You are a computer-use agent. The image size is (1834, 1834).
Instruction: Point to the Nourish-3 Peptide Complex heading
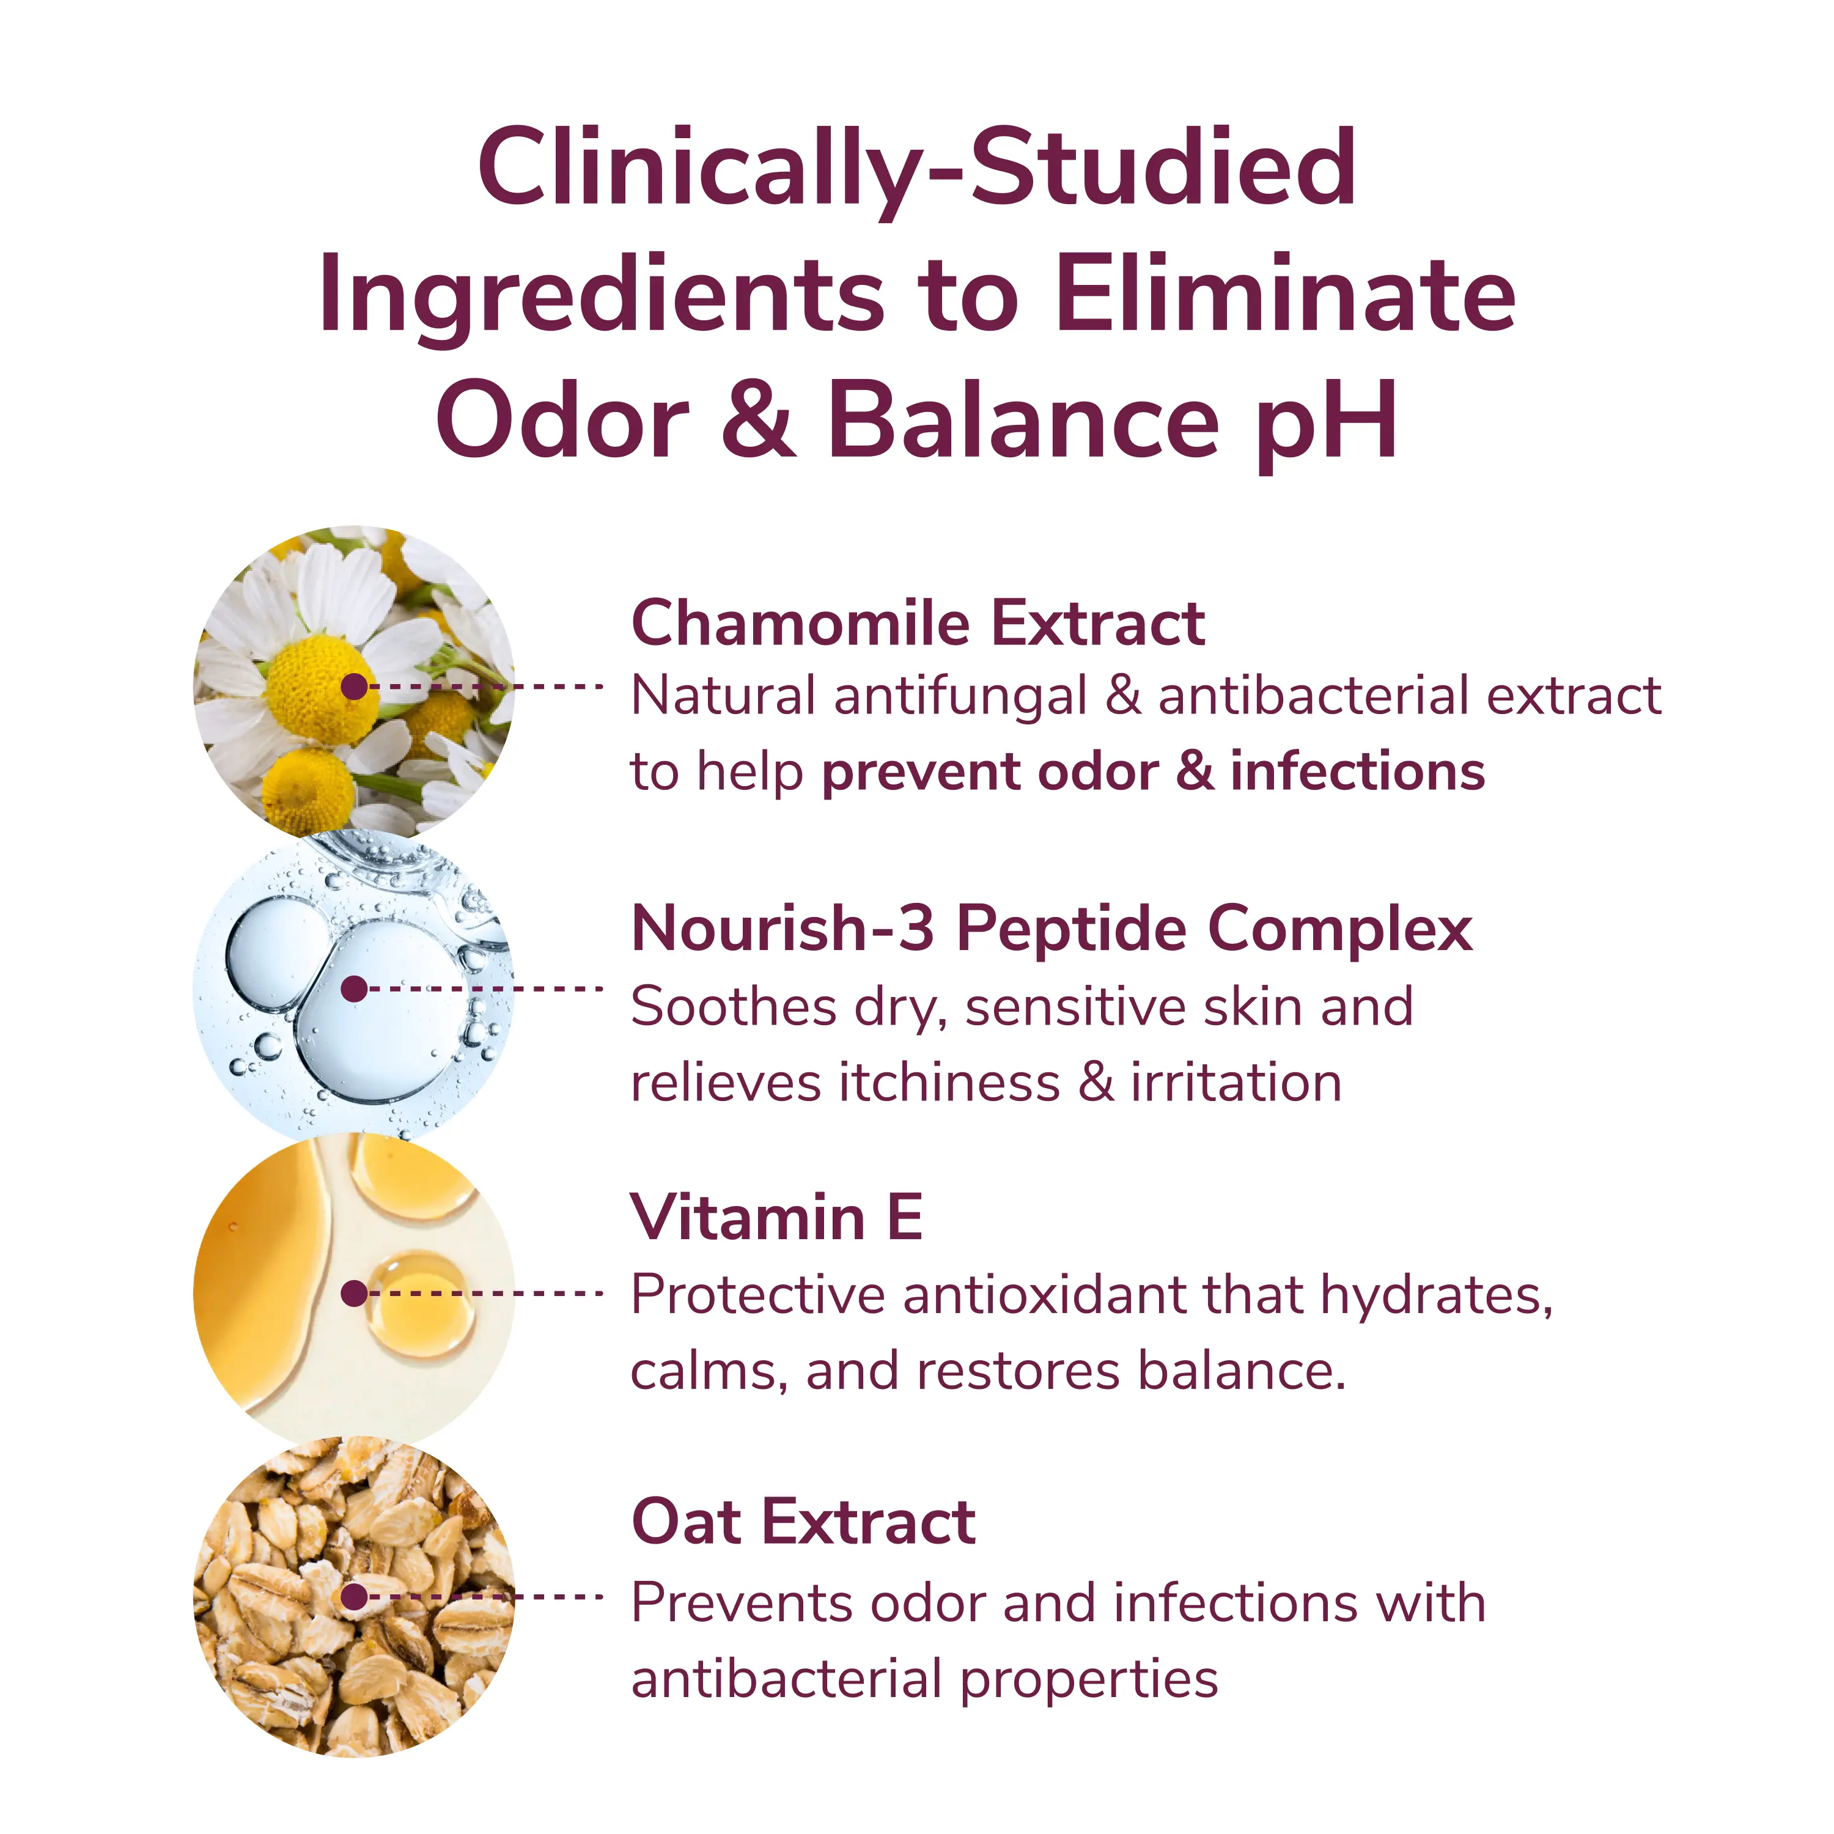pos(1051,929)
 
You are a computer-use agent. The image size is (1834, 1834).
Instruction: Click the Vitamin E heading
pos(776,1217)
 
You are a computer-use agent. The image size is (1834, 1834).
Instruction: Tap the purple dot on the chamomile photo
pos(354,687)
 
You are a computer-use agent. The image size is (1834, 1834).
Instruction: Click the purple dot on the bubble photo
pos(354,989)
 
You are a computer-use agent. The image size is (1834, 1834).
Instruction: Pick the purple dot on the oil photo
pos(354,1293)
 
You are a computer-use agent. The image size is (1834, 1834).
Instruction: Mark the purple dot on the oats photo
pos(354,1597)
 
